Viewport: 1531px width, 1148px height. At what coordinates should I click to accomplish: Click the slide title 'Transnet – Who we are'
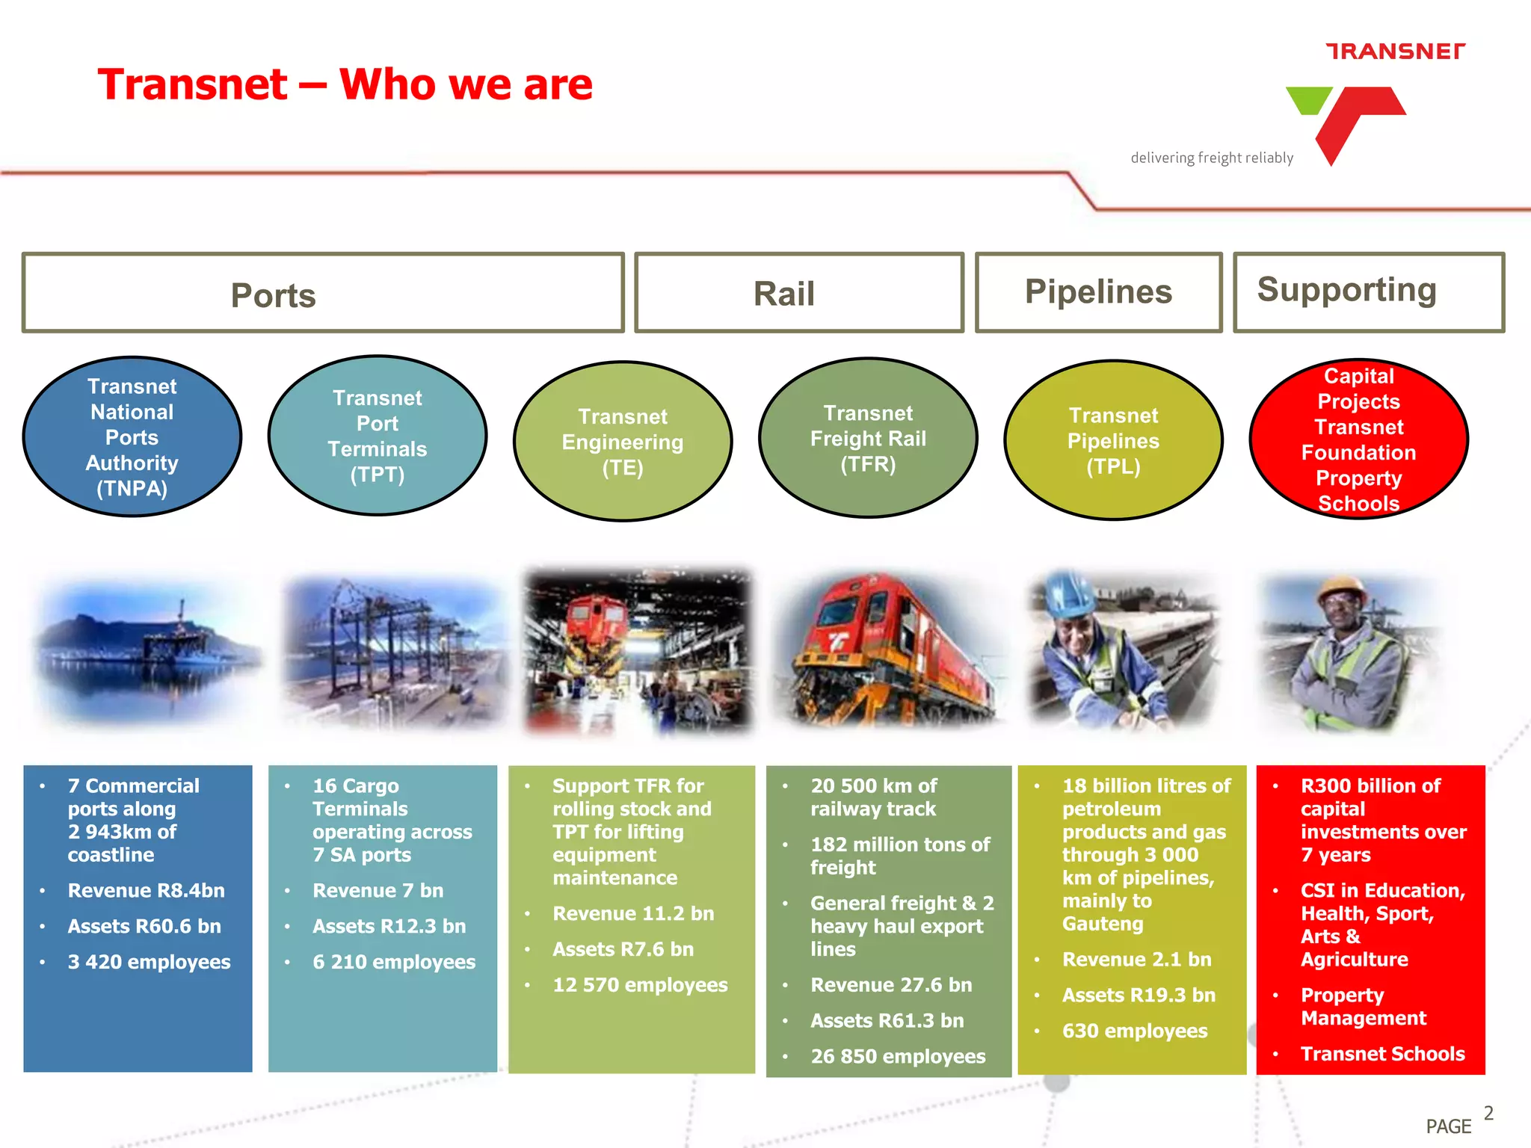click(x=345, y=84)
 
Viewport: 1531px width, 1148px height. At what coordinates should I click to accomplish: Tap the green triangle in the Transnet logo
click(x=1308, y=98)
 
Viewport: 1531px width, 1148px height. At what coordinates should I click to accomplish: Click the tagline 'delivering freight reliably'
click(x=1211, y=158)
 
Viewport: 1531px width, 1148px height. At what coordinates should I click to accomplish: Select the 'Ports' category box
click(x=322, y=293)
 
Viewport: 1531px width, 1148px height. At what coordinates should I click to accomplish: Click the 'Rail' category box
click(x=798, y=293)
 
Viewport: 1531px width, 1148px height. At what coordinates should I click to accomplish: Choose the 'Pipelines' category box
click(x=1097, y=292)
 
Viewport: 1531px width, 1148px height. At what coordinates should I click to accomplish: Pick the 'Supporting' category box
click(x=1368, y=291)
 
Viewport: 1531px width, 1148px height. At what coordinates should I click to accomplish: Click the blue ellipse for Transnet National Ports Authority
click(x=132, y=437)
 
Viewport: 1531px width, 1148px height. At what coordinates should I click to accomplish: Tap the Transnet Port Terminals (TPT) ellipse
click(x=377, y=436)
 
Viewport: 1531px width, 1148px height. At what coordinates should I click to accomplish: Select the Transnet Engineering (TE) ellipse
click(x=622, y=442)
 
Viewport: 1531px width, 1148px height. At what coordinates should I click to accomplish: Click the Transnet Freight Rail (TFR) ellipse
click(x=867, y=438)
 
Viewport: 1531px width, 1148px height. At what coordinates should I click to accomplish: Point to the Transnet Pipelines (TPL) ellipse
click(x=1112, y=440)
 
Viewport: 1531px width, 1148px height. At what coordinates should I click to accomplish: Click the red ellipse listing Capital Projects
click(x=1358, y=439)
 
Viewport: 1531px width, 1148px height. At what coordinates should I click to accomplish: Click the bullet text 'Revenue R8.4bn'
click(x=146, y=890)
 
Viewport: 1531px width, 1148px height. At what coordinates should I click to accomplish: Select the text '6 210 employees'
click(x=393, y=962)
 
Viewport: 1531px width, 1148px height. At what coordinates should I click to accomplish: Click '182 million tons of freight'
click(x=899, y=856)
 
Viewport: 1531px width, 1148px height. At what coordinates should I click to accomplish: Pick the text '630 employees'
click(x=1134, y=1031)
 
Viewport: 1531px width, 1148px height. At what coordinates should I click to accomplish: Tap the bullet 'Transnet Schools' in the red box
click(x=1381, y=1054)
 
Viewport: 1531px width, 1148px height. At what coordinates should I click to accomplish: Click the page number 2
click(x=1488, y=1113)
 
